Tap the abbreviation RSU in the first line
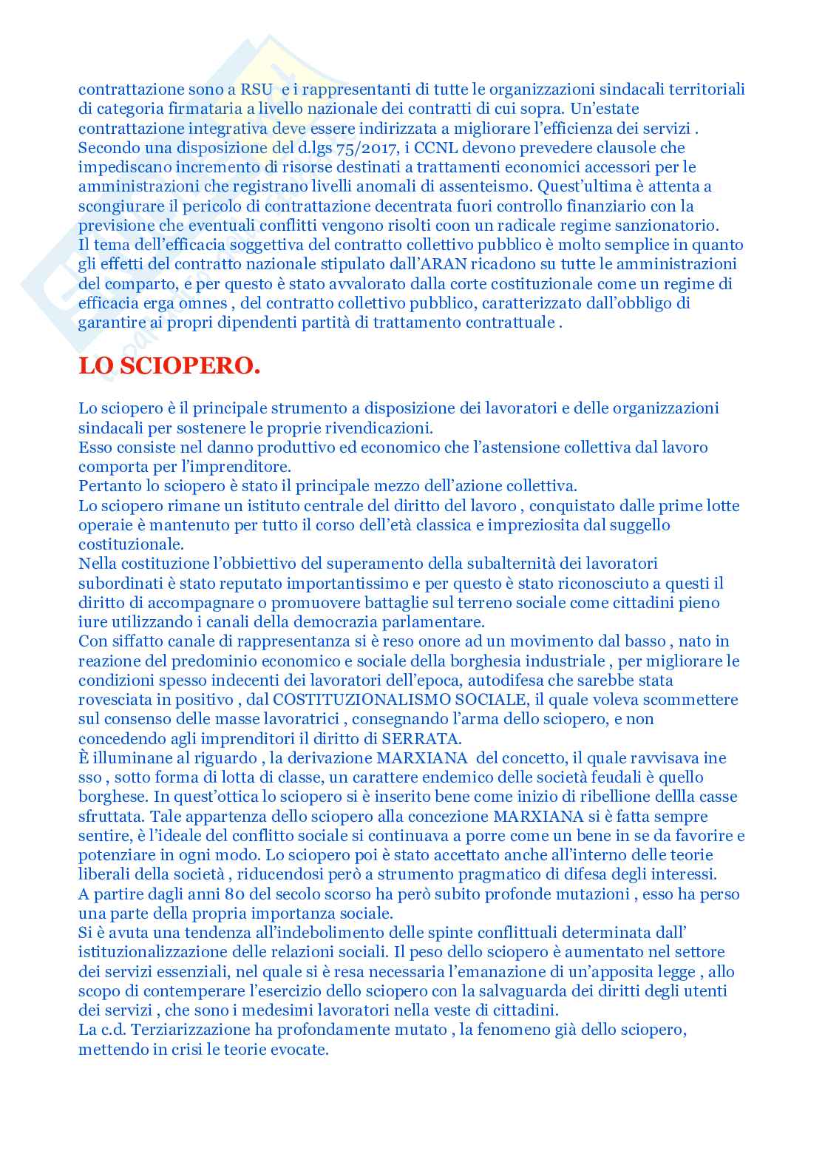coord(257,90)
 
